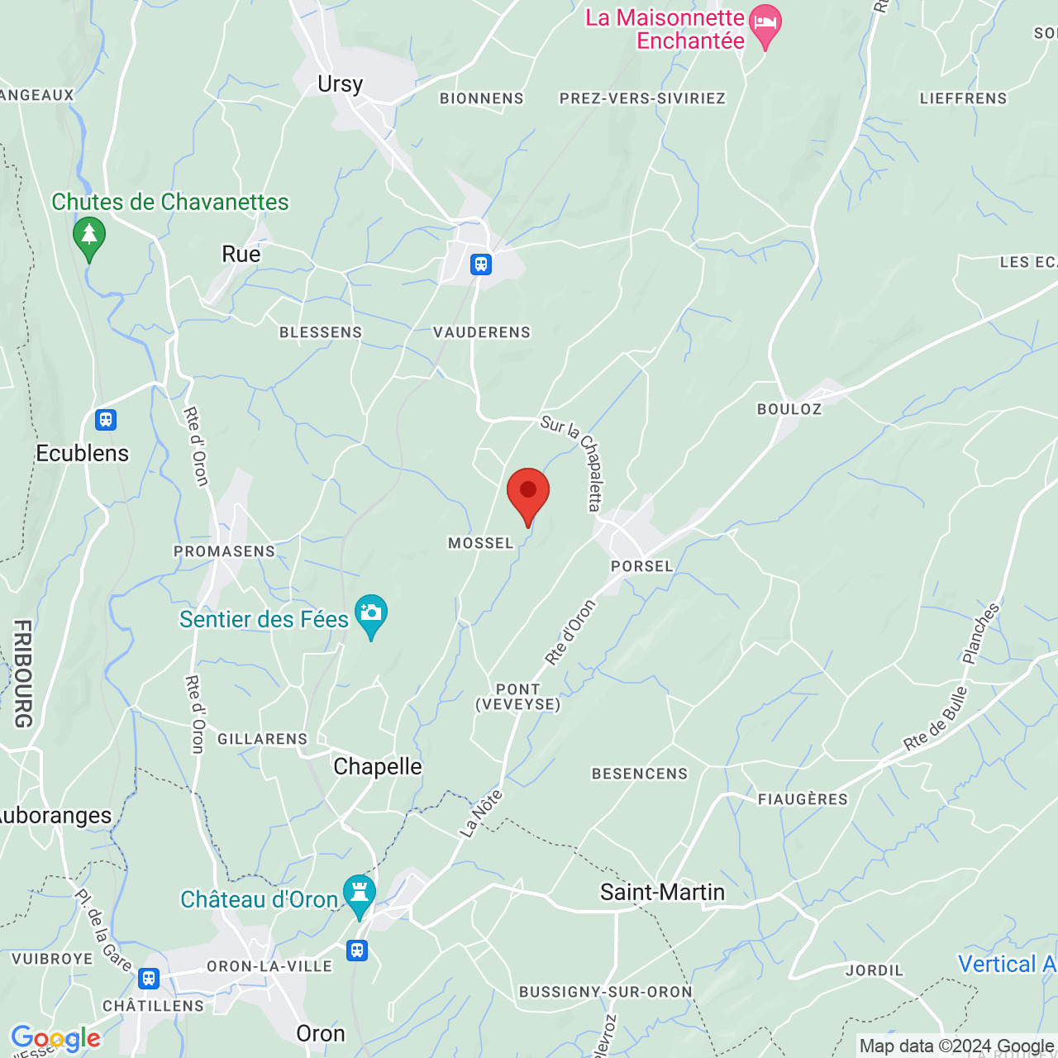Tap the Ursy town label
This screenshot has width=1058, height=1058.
coord(340,84)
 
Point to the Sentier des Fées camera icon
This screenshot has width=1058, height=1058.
coord(371,613)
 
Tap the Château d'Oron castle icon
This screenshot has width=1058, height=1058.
coord(359,894)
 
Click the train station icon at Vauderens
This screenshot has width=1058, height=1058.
coord(481,264)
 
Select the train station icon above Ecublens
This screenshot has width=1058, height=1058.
coord(106,420)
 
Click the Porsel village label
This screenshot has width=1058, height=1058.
coord(642,566)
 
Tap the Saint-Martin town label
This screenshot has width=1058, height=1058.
coord(662,893)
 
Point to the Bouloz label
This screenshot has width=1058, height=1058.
coord(789,409)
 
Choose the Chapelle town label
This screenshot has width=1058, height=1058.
coord(378,767)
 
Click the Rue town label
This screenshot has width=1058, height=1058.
coord(241,255)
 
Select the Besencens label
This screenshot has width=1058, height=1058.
coord(640,774)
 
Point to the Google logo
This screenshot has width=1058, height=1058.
coord(55,1038)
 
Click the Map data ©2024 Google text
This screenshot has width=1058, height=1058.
coord(956,1046)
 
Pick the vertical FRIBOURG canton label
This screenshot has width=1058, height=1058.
coord(23,674)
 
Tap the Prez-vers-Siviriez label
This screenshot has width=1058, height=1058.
coord(642,98)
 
